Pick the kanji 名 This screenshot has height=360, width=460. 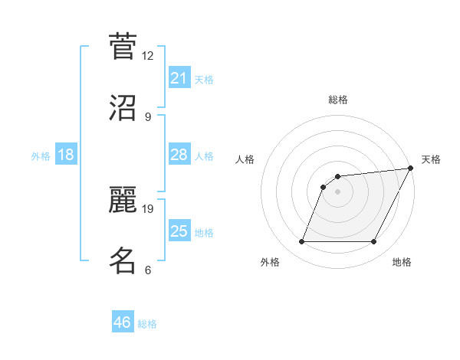coord(123,260)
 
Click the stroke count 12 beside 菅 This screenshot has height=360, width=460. coord(148,56)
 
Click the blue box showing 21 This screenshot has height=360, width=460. coord(179,78)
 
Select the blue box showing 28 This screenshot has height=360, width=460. coord(179,155)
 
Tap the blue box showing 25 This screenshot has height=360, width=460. coord(179,231)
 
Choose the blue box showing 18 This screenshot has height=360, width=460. coord(66,155)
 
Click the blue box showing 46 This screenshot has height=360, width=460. coord(123,322)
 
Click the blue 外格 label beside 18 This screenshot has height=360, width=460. coord(41,156)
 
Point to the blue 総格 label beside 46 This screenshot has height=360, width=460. coord(147,324)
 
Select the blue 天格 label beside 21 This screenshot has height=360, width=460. coord(204,80)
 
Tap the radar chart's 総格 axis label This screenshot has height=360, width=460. coord(337,100)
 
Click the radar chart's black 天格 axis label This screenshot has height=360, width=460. coord(431,159)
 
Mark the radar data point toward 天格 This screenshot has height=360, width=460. coord(411,169)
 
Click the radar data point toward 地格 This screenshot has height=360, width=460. coord(374,242)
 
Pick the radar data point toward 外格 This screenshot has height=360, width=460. coord(301,242)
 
